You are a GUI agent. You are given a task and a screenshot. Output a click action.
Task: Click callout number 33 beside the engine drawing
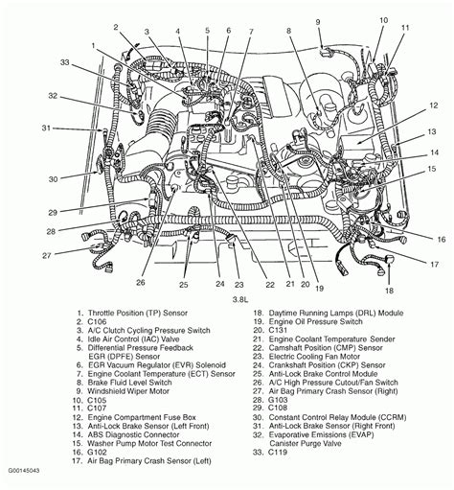click(x=37, y=63)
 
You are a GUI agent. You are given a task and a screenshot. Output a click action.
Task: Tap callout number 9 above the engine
click(x=318, y=21)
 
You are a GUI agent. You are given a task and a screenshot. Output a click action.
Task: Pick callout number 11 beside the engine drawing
click(x=405, y=29)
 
